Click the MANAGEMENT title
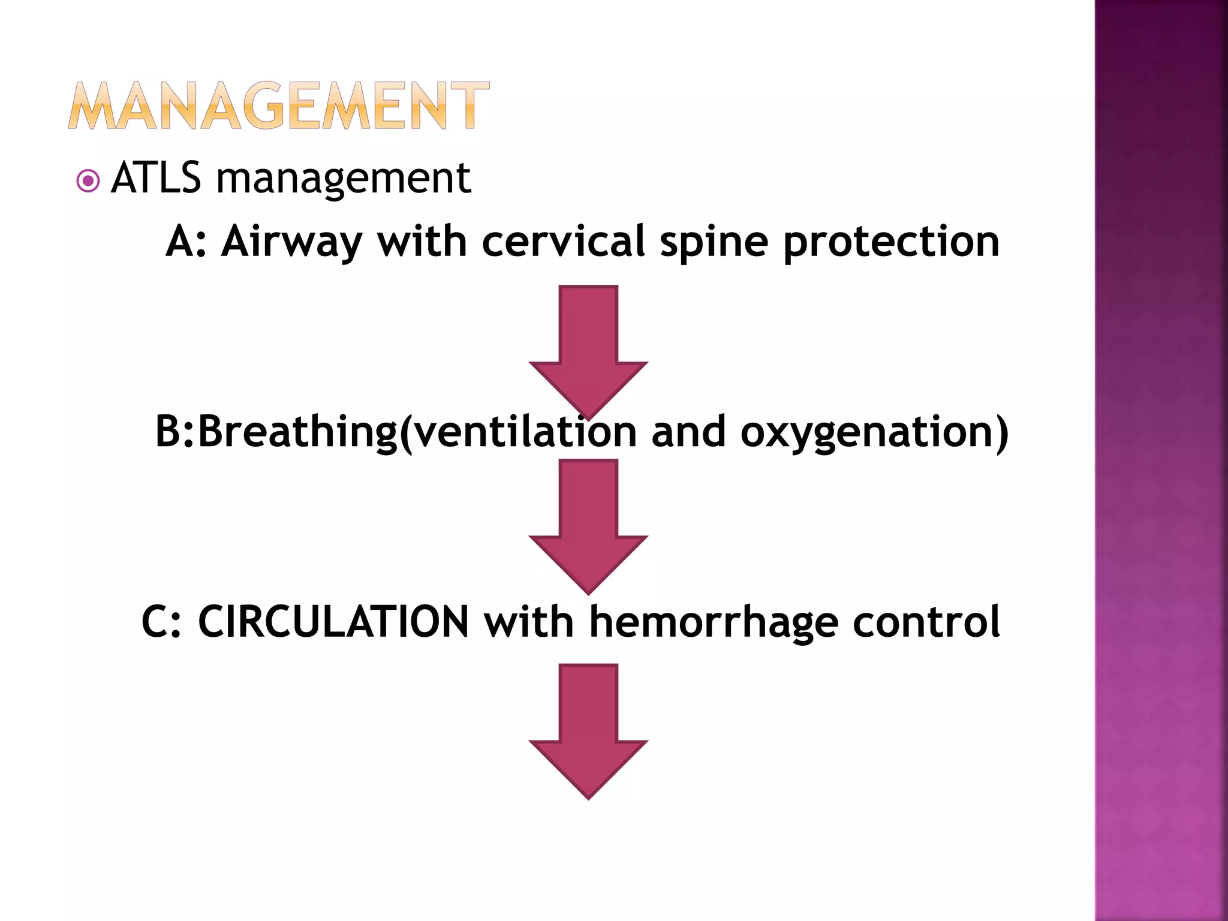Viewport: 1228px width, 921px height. tap(279, 106)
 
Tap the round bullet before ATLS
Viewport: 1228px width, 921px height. tap(88, 180)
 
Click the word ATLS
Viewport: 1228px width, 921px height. tap(156, 178)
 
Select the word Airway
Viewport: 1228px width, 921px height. tap(291, 242)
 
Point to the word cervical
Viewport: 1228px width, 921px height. tap(563, 242)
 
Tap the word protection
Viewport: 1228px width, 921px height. tap(891, 242)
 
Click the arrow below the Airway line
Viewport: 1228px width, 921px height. tap(588, 348)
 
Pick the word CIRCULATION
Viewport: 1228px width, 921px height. tap(333, 622)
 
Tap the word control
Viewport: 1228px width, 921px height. tap(926, 622)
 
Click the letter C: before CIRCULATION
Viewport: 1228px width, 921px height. tap(161, 622)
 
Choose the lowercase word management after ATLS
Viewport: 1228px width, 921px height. tap(343, 179)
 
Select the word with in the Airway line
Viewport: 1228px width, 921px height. tap(422, 242)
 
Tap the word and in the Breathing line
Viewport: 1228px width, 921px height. tap(688, 432)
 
